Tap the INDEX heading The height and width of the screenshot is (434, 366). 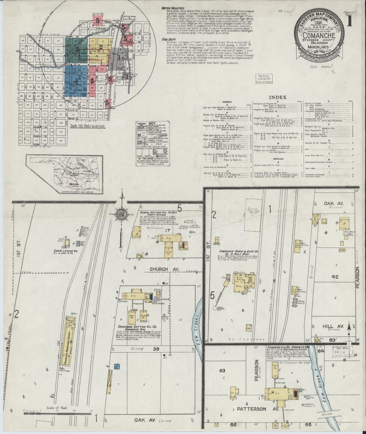(x=278, y=97)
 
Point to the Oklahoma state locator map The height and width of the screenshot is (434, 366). (x=64, y=174)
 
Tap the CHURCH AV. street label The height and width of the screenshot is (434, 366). (x=162, y=269)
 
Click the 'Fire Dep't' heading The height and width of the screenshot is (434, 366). (x=168, y=40)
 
